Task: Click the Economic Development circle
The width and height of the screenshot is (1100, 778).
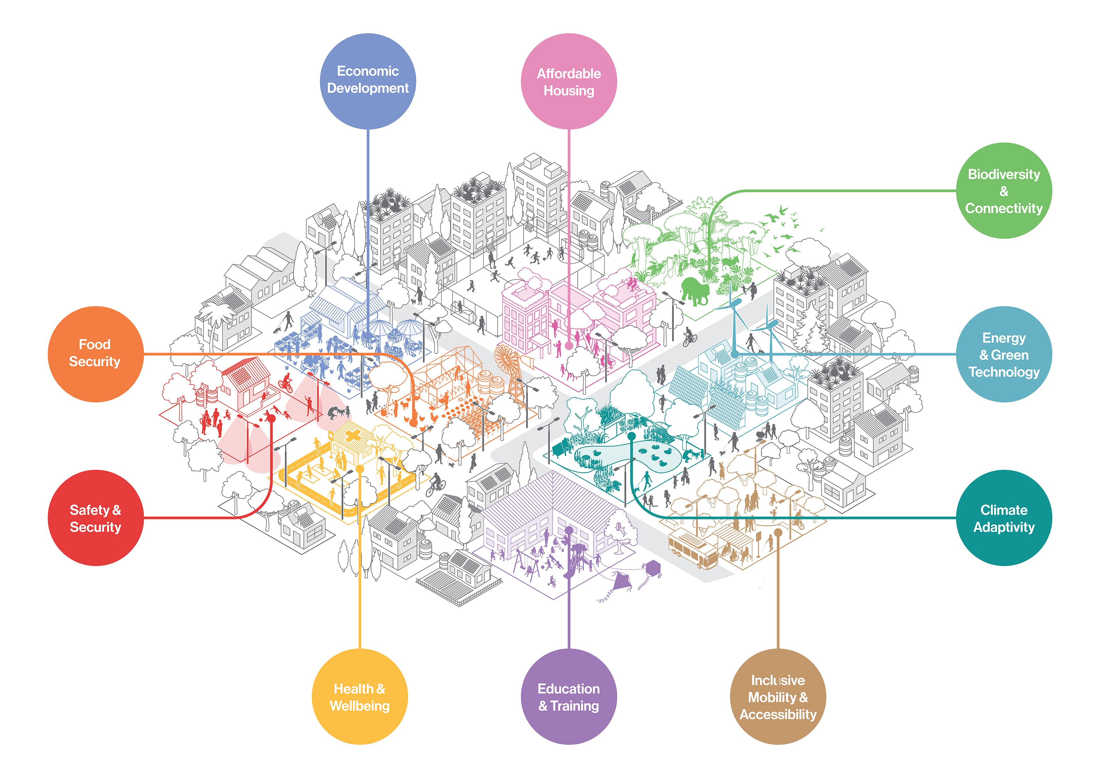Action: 368,81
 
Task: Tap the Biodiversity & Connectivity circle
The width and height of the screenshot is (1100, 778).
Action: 1004,191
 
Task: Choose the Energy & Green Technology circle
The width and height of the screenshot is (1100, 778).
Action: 1004,355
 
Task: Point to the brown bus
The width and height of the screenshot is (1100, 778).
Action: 692,551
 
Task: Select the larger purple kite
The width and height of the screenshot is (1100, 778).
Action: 622,582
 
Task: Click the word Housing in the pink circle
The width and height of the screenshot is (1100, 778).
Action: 569,91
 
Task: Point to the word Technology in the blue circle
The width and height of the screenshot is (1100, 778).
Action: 1004,372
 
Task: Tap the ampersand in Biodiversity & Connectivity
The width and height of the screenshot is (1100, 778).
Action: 1004,191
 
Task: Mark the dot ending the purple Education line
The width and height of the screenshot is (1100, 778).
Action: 569,530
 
